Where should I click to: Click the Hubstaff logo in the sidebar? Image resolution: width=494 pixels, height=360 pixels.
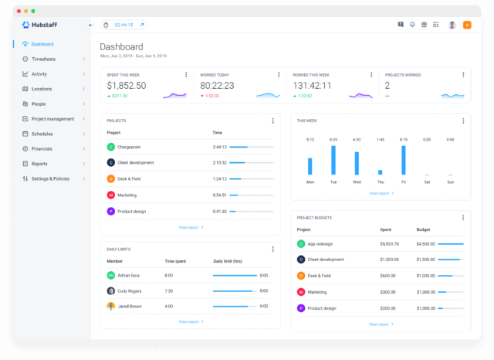point(41,25)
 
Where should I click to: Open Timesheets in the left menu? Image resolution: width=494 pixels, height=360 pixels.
point(43,59)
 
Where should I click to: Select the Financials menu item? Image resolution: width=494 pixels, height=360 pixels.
point(42,148)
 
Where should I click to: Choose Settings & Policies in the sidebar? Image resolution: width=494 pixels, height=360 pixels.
point(50,178)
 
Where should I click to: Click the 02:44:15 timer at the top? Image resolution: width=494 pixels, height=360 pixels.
point(123,25)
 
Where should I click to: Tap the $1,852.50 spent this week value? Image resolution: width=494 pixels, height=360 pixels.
point(126,86)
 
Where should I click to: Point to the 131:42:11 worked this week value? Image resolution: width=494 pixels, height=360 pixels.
point(312,86)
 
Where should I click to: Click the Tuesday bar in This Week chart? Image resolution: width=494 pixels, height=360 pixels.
point(333,160)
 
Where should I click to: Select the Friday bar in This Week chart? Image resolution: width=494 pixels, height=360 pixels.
point(403,160)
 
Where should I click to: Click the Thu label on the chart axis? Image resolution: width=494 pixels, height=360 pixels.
point(380,182)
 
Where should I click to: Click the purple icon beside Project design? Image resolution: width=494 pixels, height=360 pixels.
point(110,211)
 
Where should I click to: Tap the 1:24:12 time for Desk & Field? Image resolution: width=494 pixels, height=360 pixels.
point(219,178)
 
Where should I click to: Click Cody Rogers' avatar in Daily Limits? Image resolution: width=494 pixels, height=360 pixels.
point(111,290)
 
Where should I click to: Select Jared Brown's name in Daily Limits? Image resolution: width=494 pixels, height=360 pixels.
point(130,306)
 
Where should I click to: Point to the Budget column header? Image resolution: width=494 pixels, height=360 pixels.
point(424,229)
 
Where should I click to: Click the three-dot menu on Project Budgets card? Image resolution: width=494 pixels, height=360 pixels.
point(462,217)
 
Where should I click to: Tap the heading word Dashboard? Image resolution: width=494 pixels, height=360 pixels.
point(121,46)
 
